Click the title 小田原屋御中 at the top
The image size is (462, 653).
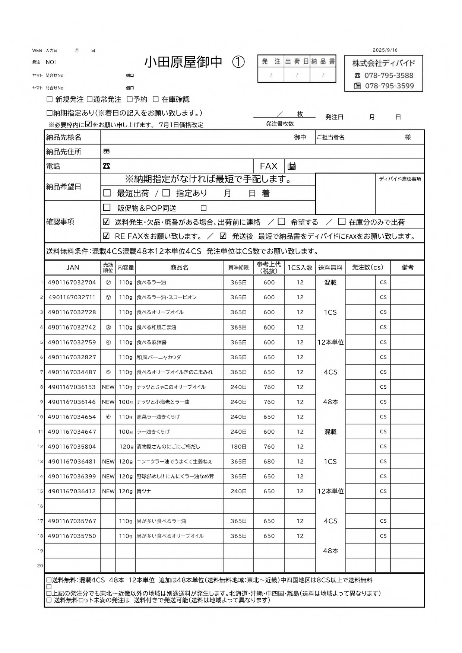(183, 62)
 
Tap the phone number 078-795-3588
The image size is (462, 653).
(389, 76)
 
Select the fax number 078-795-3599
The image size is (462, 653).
(389, 86)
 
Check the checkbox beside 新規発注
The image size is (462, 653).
(50, 99)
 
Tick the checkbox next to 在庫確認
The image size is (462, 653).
(155, 99)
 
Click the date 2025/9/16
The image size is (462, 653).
(385, 50)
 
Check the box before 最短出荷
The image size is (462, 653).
(107, 193)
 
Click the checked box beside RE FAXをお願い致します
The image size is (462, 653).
(106, 236)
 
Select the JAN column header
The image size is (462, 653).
(73, 267)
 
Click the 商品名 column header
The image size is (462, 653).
(179, 267)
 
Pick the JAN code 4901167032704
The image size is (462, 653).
(72, 283)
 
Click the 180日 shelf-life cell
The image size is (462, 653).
(238, 447)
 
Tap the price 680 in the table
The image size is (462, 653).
(269, 462)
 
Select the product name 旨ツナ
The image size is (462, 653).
(144, 491)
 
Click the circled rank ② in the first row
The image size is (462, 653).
(108, 283)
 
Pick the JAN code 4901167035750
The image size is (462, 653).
(72, 536)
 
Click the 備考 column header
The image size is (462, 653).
(407, 267)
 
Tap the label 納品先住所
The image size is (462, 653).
(64, 152)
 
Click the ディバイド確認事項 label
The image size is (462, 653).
(400, 179)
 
